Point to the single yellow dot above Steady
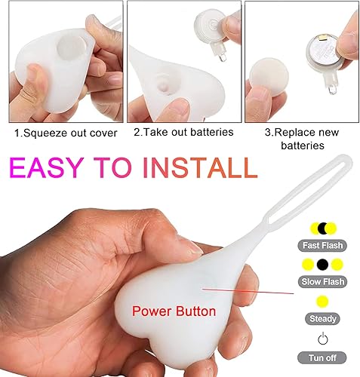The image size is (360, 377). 323,302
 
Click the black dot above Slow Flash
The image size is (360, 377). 323,265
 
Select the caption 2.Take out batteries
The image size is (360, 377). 183,132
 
